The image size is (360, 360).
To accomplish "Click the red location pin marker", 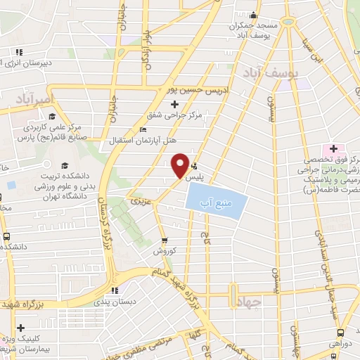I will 179,165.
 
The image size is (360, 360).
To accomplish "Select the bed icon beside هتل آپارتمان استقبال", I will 143,129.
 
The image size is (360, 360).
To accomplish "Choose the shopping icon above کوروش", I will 165,239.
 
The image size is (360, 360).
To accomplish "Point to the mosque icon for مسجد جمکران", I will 253,16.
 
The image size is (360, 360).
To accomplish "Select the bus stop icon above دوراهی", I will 340,330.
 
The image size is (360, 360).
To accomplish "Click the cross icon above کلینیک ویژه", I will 21,328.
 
